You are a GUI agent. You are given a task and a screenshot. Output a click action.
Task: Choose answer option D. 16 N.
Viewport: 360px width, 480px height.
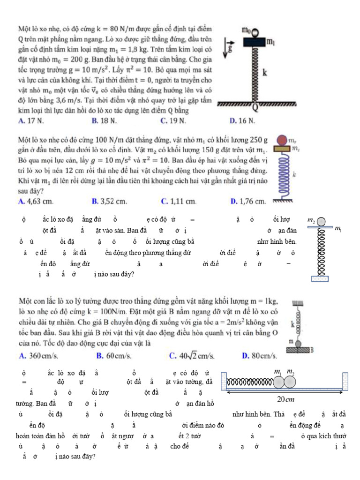(242, 121)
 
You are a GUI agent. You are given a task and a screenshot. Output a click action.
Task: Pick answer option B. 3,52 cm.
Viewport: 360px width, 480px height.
(109, 202)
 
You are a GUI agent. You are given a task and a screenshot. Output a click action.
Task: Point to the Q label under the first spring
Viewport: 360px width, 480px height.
(256, 108)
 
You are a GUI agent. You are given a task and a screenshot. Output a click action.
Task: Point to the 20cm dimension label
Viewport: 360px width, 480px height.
(285, 399)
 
